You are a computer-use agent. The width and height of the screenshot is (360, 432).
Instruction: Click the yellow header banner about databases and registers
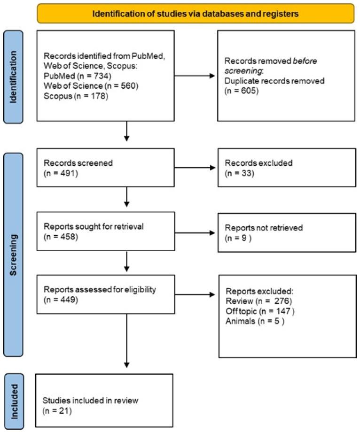(x=196, y=14)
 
